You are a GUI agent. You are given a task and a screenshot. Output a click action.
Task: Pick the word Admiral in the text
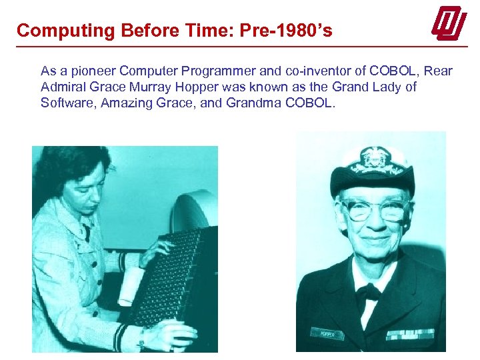coord(61,87)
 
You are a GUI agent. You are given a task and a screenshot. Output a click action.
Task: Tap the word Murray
coord(157,87)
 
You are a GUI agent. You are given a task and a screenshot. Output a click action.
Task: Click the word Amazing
coord(123,103)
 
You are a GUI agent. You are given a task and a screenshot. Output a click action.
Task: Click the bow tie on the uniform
coord(369,291)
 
